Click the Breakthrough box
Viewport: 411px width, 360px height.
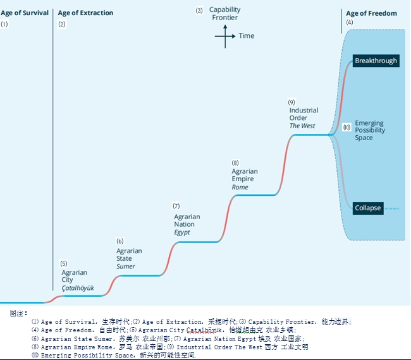[x=376, y=61]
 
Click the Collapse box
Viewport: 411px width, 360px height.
[x=367, y=208]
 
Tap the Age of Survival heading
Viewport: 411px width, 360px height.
[x=25, y=13]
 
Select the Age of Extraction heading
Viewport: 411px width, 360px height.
[x=85, y=13]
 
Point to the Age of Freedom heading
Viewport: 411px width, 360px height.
[x=371, y=13]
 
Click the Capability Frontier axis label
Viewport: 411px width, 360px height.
[x=224, y=13]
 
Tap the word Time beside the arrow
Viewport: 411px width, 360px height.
[x=247, y=36]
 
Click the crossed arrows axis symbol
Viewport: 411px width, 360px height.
[x=224, y=36]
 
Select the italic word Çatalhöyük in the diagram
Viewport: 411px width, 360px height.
[x=78, y=288]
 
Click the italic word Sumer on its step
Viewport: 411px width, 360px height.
[x=126, y=267]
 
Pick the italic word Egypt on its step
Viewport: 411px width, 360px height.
[x=182, y=232]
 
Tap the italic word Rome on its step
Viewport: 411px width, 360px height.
[x=240, y=188]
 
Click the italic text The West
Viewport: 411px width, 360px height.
[x=302, y=126]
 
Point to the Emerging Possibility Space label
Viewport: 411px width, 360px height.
[x=369, y=130]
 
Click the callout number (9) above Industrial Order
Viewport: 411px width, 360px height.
[x=291, y=102]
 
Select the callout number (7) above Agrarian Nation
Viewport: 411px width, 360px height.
[x=176, y=207]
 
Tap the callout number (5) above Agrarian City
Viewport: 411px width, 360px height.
[x=64, y=263]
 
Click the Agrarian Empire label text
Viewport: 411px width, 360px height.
[x=245, y=175]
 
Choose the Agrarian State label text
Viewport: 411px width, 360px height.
[x=129, y=255]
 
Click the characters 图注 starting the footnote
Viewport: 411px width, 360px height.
[x=18, y=313]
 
